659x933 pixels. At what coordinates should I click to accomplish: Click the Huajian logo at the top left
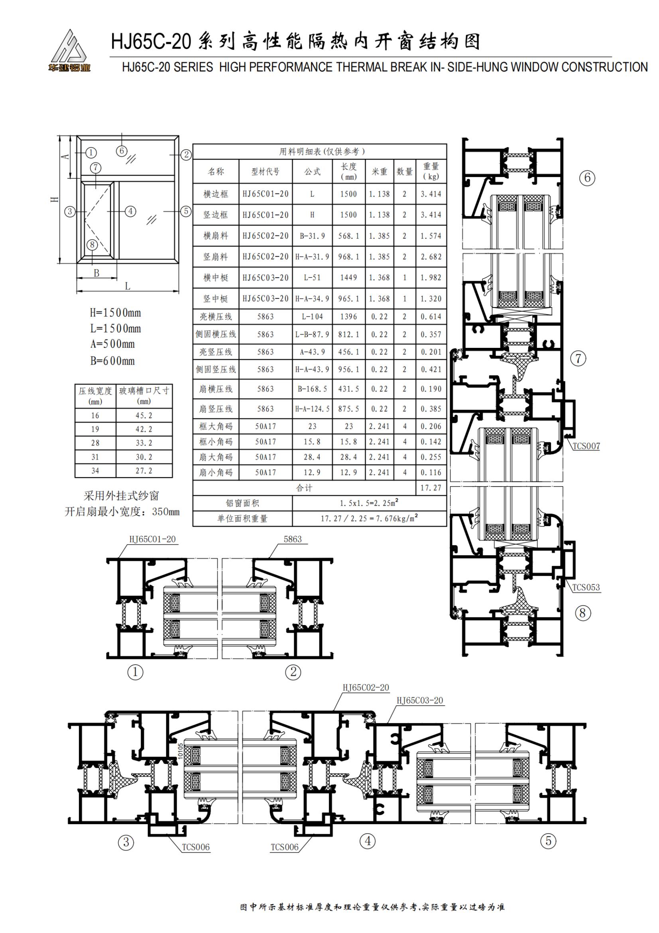[69, 50]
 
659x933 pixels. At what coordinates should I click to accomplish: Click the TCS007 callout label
[586, 446]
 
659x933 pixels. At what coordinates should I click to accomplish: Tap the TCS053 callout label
[586, 587]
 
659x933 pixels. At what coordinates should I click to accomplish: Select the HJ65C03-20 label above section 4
[420, 700]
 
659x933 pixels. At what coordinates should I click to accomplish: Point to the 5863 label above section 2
[293, 539]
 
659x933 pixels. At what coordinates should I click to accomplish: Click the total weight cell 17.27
[431, 487]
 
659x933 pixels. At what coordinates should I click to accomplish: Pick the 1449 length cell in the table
[349, 278]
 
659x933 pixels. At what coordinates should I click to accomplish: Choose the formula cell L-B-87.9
[312, 334]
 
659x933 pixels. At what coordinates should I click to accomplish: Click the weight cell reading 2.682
[431, 257]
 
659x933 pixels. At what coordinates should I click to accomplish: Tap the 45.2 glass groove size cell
[144, 415]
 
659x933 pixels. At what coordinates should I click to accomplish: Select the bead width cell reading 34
[95, 471]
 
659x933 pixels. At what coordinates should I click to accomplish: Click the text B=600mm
[112, 361]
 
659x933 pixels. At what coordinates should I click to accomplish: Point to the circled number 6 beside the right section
[587, 178]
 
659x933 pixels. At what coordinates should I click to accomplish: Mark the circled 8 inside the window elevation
[92, 245]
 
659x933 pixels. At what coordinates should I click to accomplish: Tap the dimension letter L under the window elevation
[128, 286]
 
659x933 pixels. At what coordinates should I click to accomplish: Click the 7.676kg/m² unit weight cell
[369, 519]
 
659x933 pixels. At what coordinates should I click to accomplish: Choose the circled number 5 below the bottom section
[549, 841]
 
